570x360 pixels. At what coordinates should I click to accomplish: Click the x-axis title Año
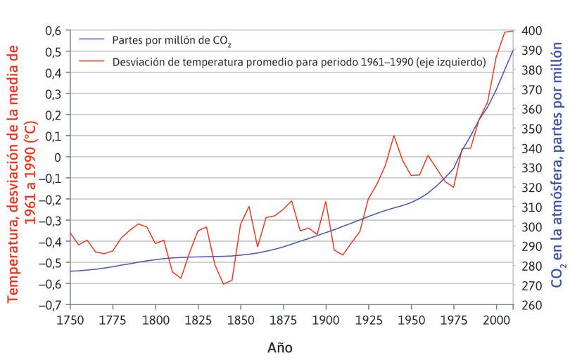click(279, 347)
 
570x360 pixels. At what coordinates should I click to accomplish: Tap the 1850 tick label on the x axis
click(241, 319)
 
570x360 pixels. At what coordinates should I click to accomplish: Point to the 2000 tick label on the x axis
click(496, 319)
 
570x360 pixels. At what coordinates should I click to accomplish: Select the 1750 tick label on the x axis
click(70, 319)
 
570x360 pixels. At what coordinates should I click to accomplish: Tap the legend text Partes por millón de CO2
click(172, 41)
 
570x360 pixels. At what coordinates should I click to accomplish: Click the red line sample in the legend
click(92, 62)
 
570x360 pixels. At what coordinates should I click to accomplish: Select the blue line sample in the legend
click(92, 41)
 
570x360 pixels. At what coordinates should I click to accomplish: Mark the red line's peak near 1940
click(393, 136)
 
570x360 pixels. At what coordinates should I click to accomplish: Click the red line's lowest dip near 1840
click(224, 284)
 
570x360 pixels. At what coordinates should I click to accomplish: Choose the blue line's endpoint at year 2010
click(513, 50)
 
